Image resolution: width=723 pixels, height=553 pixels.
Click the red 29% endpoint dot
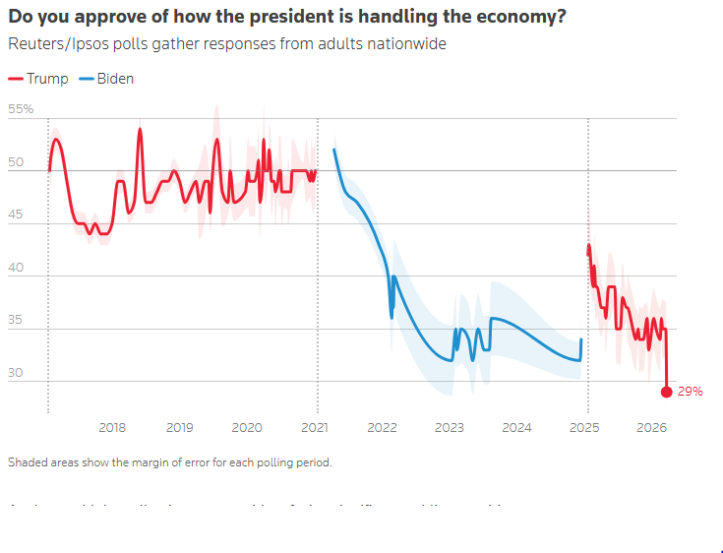point(666,392)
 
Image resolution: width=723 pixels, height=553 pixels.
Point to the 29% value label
point(691,392)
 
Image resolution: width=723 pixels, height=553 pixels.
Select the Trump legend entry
point(38,79)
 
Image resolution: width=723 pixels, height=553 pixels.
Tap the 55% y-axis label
point(21,109)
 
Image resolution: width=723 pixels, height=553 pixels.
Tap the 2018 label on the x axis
point(112,428)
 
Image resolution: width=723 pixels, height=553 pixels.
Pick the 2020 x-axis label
point(247,428)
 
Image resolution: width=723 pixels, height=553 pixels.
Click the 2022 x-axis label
point(382,428)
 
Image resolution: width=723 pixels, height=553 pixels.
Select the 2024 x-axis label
point(516,428)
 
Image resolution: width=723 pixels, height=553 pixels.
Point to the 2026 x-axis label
point(651,428)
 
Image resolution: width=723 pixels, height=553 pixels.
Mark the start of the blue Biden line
point(334,150)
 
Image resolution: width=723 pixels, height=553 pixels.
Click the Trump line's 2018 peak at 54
point(140,130)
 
